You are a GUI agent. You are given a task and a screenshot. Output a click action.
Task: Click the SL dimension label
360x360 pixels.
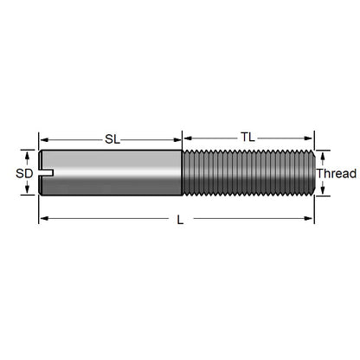(111, 138)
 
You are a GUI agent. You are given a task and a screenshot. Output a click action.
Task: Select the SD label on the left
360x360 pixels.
(25, 173)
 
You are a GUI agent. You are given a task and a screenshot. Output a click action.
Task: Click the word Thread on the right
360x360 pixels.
(336, 174)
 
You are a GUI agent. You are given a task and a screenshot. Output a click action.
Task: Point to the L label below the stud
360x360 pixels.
(179, 220)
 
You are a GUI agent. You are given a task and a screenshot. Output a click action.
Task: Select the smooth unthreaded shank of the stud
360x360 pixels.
(112, 173)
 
